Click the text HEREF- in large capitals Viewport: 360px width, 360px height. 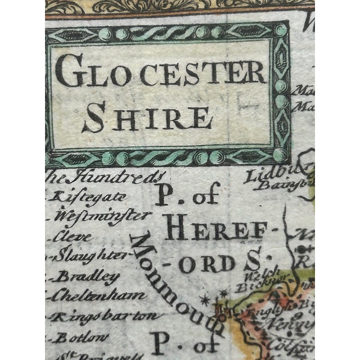[210, 230]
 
